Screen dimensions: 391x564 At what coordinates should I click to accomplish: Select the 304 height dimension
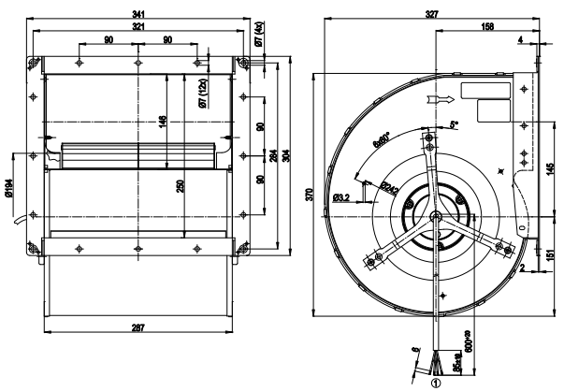pyautogui.click(x=285, y=153)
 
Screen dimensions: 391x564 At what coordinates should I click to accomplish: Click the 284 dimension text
pyautogui.click(x=273, y=153)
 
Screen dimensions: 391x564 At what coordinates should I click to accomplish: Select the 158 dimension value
pyautogui.click(x=486, y=26)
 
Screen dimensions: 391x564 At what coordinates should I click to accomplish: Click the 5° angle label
pyautogui.click(x=455, y=123)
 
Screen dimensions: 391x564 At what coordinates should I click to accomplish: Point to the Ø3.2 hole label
pyautogui.click(x=342, y=197)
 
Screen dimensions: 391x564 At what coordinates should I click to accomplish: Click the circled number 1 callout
pyautogui.click(x=432, y=381)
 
